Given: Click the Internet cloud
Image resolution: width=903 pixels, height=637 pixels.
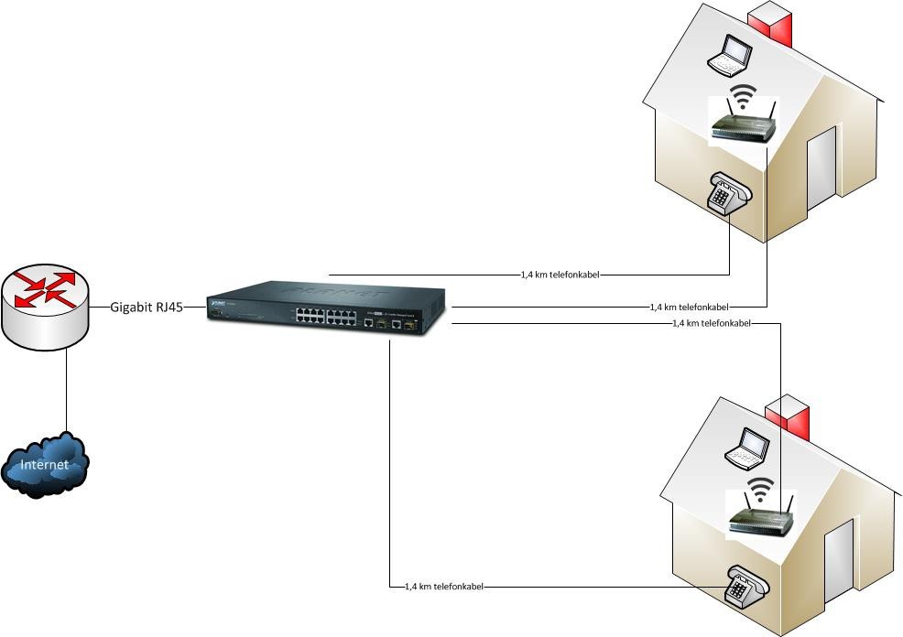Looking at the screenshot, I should [46, 464].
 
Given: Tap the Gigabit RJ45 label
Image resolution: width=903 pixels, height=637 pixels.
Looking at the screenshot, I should [147, 308].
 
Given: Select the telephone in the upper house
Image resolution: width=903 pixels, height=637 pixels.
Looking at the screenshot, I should [729, 192].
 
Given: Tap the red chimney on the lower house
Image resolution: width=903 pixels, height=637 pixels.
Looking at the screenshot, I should [789, 416].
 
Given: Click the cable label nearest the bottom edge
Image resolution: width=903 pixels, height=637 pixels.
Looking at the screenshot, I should [444, 587].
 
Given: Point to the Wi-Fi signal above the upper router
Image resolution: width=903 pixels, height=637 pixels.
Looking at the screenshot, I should [745, 95].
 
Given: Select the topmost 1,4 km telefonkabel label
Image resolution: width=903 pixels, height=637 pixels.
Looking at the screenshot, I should [560, 274].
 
